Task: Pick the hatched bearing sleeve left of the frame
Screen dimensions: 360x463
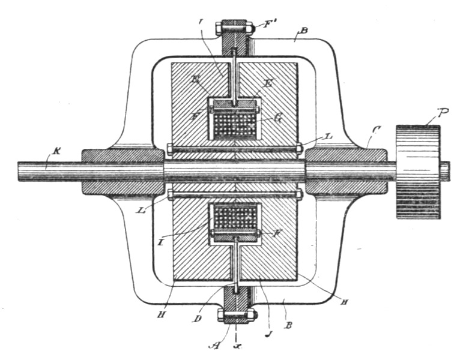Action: pyautogui.click(x=123, y=172)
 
